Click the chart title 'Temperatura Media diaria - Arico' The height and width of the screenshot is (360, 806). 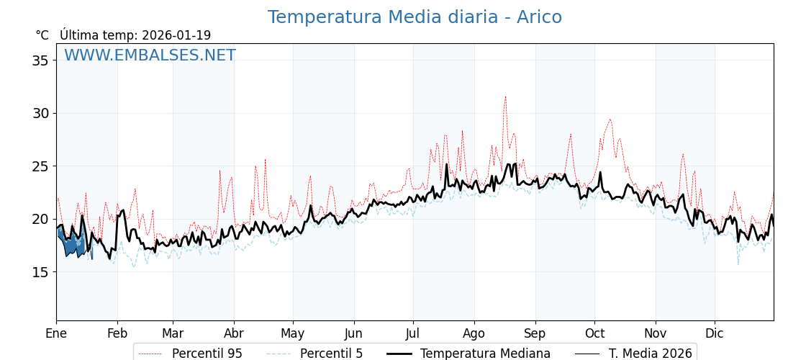[x=415, y=18]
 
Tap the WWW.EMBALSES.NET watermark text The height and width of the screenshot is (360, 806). [x=150, y=55]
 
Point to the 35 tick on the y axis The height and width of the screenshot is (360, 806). [x=40, y=60]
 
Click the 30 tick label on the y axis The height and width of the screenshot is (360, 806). [x=40, y=113]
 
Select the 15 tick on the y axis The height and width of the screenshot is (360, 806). [x=40, y=272]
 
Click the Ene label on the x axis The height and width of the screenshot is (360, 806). [x=56, y=333]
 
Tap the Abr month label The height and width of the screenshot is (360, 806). [x=234, y=333]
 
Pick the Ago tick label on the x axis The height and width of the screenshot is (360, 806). [x=474, y=333]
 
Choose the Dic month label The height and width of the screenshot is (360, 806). [x=715, y=333]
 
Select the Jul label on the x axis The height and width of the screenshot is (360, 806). [x=413, y=333]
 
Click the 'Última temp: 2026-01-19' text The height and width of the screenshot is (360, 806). [x=135, y=35]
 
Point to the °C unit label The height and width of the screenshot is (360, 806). [x=42, y=35]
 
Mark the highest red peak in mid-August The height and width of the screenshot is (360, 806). [x=505, y=96]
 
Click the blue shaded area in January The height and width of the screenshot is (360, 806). [x=71, y=242]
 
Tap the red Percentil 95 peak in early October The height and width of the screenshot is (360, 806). [x=610, y=120]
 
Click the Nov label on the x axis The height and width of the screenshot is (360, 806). [x=656, y=333]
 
